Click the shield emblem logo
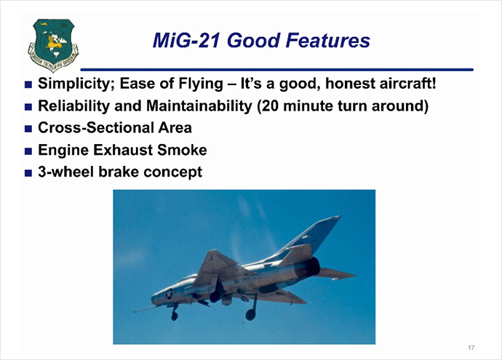[x=53, y=44]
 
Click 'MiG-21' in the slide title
[x=186, y=41]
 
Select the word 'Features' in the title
[x=327, y=41]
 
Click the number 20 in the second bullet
[x=270, y=106]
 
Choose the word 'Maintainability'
[x=199, y=106]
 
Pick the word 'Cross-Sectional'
[x=96, y=128]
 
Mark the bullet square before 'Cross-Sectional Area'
[x=28, y=129]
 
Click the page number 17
[x=471, y=348]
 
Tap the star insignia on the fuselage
[x=169, y=293]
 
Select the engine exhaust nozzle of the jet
[x=314, y=266]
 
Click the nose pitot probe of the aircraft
[x=145, y=309]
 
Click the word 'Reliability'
[x=74, y=106]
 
